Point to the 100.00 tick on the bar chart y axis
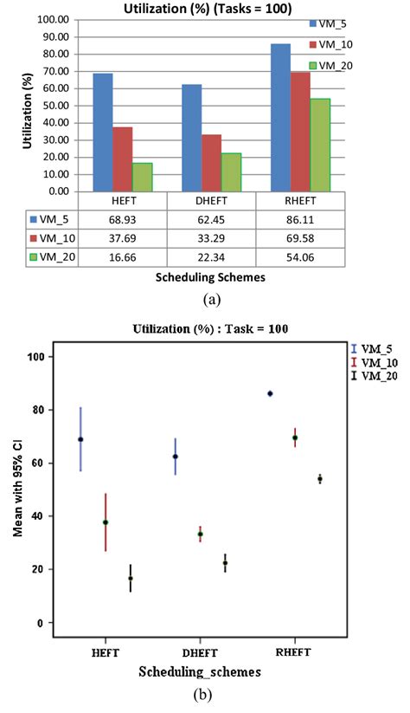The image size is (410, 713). tap(54, 18)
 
